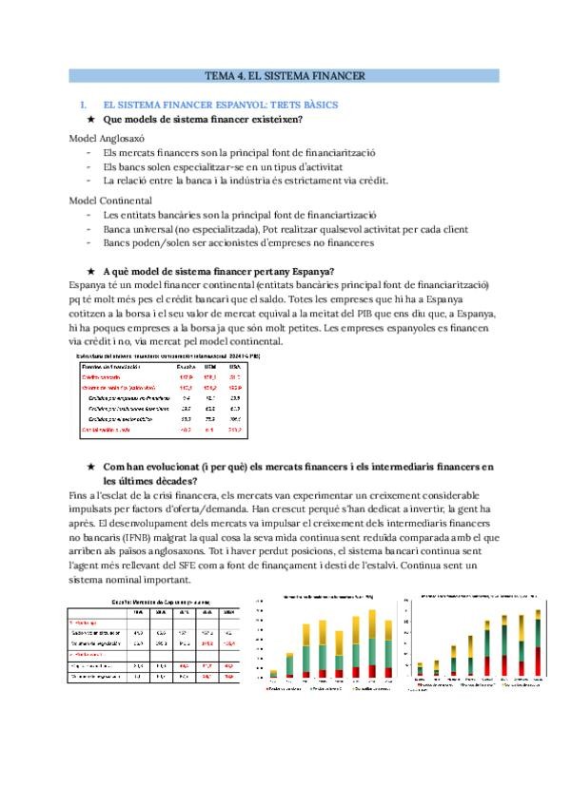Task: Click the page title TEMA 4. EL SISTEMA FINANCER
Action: click(x=285, y=75)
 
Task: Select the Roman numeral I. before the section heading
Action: click(x=84, y=104)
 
